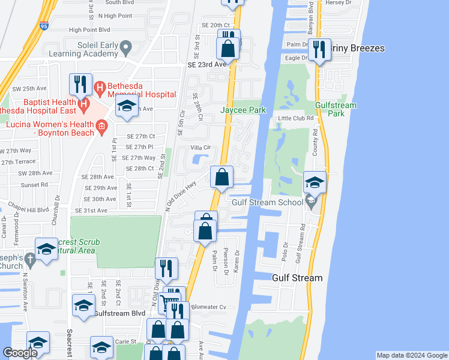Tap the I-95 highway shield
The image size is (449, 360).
coord(44,26)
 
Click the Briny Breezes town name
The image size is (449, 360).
coord(357,49)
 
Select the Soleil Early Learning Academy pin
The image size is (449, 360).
coord(125,47)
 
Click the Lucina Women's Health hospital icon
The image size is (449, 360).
coord(101,125)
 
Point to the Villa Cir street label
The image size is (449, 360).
coord(201,147)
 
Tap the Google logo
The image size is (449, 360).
coord(20,353)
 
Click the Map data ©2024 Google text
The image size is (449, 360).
coord(411,355)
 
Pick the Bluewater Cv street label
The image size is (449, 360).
coord(214,307)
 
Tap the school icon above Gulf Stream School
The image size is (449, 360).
coord(315,182)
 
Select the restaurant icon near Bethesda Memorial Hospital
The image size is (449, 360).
coord(80,84)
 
